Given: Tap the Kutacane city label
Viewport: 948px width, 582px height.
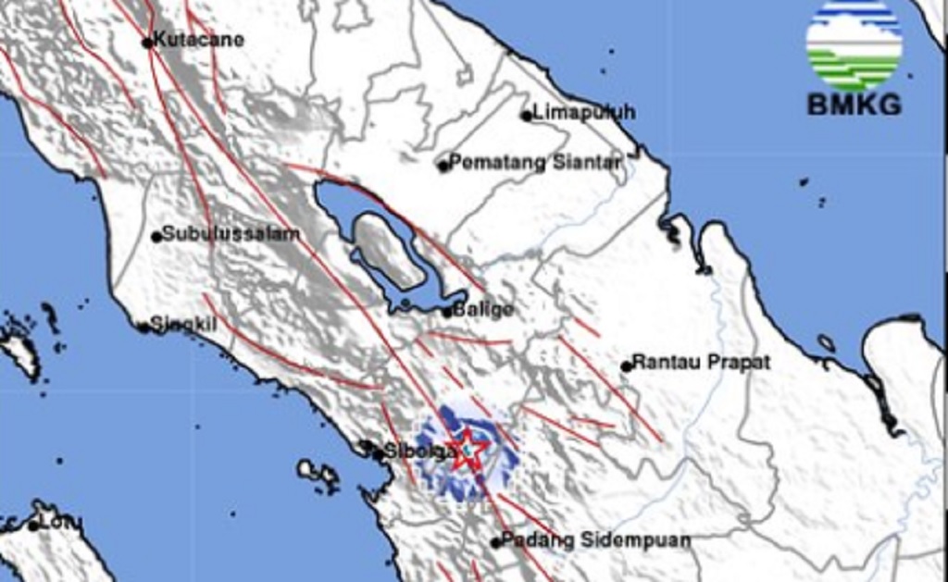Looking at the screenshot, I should coord(198,40).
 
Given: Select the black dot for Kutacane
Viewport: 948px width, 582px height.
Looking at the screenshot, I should coord(147,42).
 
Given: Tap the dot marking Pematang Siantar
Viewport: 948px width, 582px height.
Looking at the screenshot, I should coord(443,166).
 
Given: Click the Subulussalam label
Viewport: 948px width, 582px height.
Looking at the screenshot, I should coord(231,234).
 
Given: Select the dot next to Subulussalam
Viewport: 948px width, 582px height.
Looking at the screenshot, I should coord(156,236).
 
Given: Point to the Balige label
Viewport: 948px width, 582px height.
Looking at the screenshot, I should coord(482,310).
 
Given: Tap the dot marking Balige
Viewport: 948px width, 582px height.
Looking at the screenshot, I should coord(447,312).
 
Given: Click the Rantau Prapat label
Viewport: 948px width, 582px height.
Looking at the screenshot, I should coord(701,363).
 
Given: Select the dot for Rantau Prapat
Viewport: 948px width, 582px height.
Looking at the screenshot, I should coord(627,365).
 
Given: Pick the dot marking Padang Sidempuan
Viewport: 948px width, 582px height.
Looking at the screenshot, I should coord(496,542).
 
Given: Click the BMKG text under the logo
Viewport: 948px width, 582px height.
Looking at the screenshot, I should coord(854,105).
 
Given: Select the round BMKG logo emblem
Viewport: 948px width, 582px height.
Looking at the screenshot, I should coord(854,44).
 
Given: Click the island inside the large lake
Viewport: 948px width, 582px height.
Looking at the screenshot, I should coord(386,250).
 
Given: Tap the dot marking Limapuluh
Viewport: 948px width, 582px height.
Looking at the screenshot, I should coord(526,116).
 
